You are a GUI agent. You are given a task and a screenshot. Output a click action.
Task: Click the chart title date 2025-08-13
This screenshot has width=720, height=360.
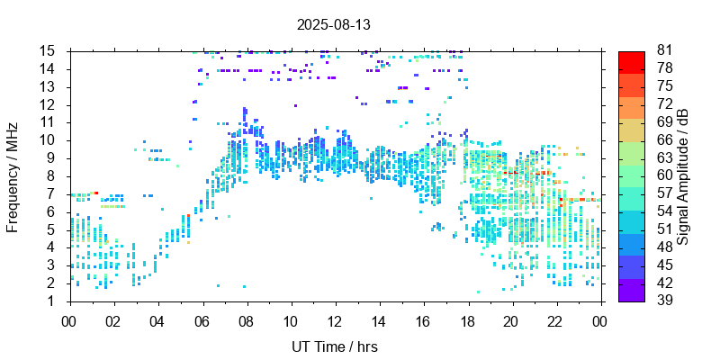[x=333, y=24]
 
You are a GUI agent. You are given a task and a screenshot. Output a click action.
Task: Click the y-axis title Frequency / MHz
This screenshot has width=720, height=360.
[x=13, y=175]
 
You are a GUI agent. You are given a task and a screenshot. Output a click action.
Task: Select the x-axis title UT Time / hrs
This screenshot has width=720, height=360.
[x=333, y=346]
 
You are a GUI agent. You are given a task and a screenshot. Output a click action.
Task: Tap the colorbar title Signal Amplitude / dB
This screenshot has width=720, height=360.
[x=684, y=175]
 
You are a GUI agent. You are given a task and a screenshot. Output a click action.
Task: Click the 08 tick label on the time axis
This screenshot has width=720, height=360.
[x=246, y=321]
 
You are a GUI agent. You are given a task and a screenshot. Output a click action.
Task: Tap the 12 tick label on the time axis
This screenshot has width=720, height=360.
[x=334, y=321]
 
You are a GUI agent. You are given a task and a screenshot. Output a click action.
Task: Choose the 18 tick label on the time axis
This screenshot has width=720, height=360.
[x=467, y=321]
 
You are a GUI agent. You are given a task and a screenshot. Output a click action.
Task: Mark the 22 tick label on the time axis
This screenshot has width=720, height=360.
[x=556, y=321]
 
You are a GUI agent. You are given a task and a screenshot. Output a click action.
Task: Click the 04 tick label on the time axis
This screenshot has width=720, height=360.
[x=157, y=321]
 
